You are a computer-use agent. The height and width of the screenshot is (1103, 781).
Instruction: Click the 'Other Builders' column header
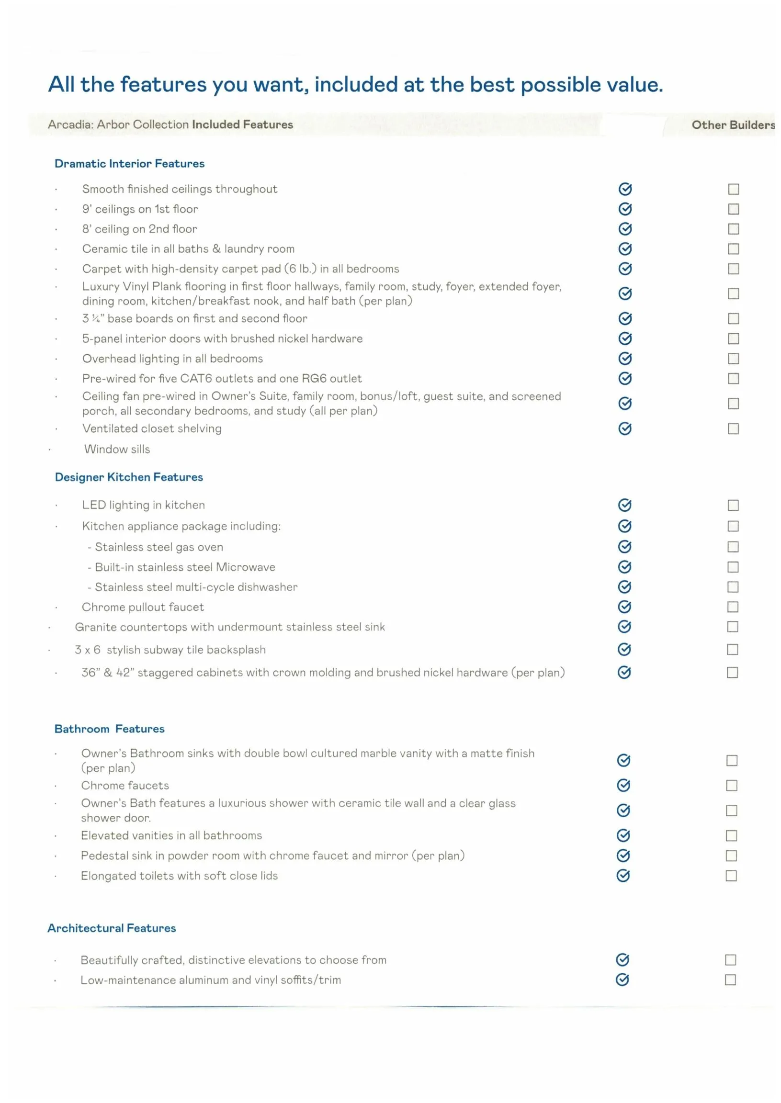(x=733, y=125)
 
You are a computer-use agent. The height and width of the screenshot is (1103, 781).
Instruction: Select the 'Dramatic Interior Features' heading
(x=129, y=164)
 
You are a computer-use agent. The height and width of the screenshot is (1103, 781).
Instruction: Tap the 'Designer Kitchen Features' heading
(x=129, y=477)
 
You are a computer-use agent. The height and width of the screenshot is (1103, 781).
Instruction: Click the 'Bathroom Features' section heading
(x=109, y=729)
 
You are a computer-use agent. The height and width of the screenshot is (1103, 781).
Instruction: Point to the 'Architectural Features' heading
(x=112, y=928)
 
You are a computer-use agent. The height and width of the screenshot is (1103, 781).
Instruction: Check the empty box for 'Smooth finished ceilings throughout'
(x=734, y=189)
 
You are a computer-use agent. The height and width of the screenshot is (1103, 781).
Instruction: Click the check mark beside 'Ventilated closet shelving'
(x=625, y=428)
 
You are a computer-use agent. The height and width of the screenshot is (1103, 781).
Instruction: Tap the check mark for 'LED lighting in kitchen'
(x=625, y=505)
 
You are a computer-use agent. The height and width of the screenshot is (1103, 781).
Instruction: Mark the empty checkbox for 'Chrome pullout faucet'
(x=733, y=607)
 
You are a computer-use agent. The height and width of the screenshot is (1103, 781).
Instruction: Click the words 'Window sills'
(x=117, y=449)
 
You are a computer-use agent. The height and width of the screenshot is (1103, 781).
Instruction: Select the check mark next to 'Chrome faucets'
(x=624, y=785)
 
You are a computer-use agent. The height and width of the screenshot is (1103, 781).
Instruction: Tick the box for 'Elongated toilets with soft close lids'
(x=732, y=876)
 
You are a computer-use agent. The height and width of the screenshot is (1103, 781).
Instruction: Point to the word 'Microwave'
(x=245, y=567)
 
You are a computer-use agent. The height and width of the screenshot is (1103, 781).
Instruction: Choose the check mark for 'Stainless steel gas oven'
(x=625, y=547)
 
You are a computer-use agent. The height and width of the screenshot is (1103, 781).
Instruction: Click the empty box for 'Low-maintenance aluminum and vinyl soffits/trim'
(x=731, y=979)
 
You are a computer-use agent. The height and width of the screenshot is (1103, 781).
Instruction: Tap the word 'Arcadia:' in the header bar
(x=70, y=124)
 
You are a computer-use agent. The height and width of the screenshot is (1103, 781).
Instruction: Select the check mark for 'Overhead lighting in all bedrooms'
(x=625, y=358)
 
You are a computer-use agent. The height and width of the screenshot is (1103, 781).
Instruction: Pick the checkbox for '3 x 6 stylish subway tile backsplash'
(x=733, y=650)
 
